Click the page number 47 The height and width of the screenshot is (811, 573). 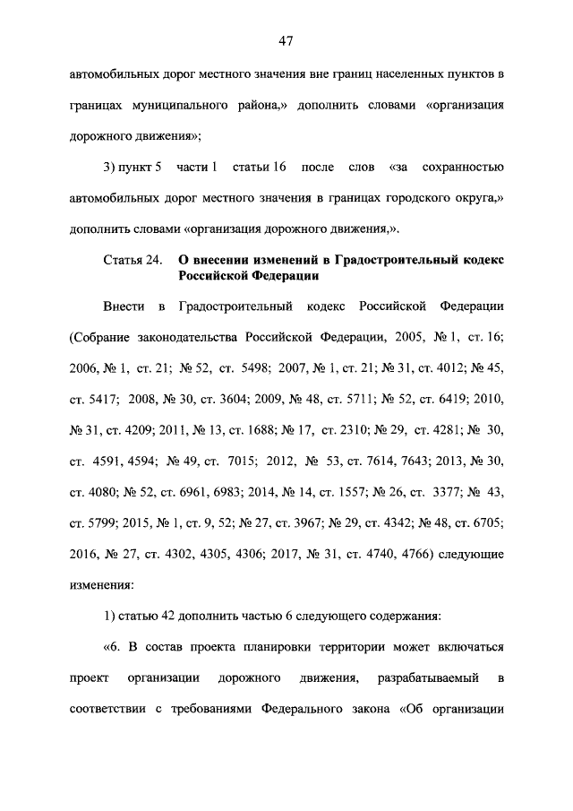click(286, 40)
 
